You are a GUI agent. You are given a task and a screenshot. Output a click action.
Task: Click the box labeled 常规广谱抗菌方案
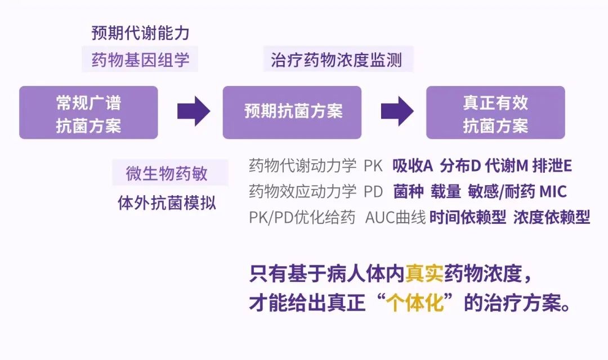88,112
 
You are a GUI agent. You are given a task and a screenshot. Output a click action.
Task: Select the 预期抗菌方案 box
292,112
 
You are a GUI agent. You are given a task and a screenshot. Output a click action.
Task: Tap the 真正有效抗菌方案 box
495,112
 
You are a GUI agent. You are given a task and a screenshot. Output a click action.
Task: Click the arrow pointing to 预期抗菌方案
194,111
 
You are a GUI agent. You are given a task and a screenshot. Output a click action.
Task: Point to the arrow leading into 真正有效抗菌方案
397,111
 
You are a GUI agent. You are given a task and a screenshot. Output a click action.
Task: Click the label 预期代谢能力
140,33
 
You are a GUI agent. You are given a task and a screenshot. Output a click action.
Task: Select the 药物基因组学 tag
140,60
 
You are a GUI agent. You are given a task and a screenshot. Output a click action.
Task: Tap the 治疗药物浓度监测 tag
337,60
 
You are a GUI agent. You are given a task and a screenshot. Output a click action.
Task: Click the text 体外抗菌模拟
167,202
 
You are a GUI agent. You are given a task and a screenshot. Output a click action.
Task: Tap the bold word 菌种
408,192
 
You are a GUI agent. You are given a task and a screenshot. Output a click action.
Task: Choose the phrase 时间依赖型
467,218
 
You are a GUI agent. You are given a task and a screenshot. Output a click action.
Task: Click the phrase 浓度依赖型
551,218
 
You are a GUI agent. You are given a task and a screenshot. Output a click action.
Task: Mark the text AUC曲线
395,218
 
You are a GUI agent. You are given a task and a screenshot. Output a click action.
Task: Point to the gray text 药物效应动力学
302,192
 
